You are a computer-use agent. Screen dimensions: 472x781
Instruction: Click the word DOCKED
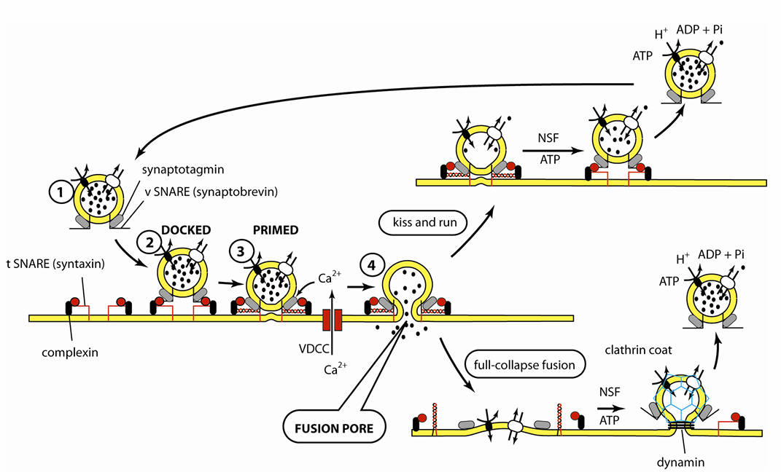click(x=186, y=229)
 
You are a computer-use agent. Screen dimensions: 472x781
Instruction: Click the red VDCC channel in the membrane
click(x=333, y=318)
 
